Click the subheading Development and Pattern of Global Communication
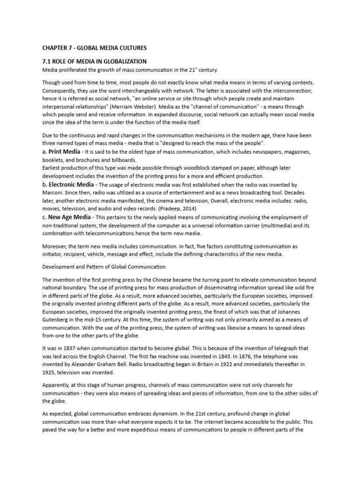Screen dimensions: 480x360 click(104, 267)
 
